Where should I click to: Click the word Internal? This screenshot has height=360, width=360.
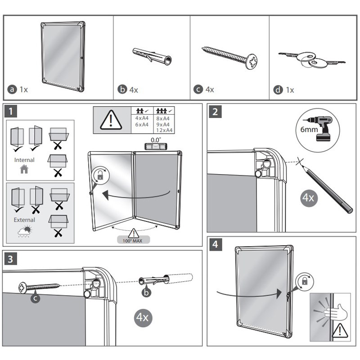[x=24, y=160]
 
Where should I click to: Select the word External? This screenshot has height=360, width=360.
[x=24, y=220]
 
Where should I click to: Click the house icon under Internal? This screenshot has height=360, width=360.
[x=24, y=169]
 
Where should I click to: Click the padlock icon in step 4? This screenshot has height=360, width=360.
[x=305, y=282]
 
